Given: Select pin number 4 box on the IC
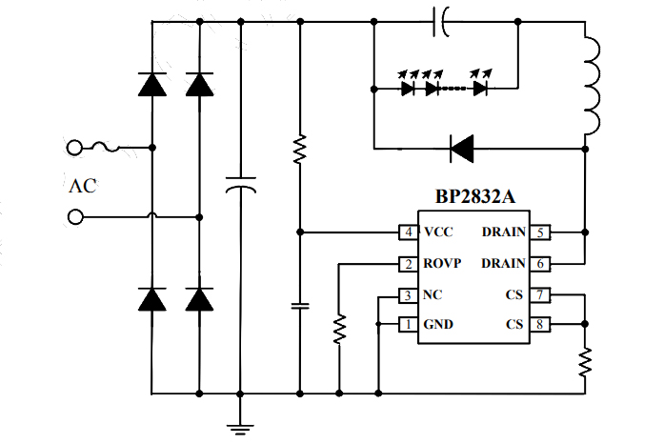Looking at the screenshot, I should click(x=408, y=232).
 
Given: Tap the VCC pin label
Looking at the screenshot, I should click(x=439, y=232).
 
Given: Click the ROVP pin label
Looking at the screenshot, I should click(x=443, y=264).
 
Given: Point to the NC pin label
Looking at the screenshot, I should click(x=433, y=295).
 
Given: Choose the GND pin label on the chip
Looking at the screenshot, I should click(x=438, y=325).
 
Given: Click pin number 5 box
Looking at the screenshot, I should click(x=541, y=232).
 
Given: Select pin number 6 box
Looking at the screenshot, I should click(x=541, y=264).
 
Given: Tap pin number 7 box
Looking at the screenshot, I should click(x=541, y=295).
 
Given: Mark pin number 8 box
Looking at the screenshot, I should click(x=541, y=325).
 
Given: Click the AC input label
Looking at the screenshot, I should click(x=83, y=187).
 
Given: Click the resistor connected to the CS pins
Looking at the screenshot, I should click(x=585, y=360).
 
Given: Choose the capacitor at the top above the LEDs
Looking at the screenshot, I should click(x=441, y=22).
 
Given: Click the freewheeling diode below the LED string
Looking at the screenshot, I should click(x=462, y=147).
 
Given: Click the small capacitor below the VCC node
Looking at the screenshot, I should click(x=300, y=306).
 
